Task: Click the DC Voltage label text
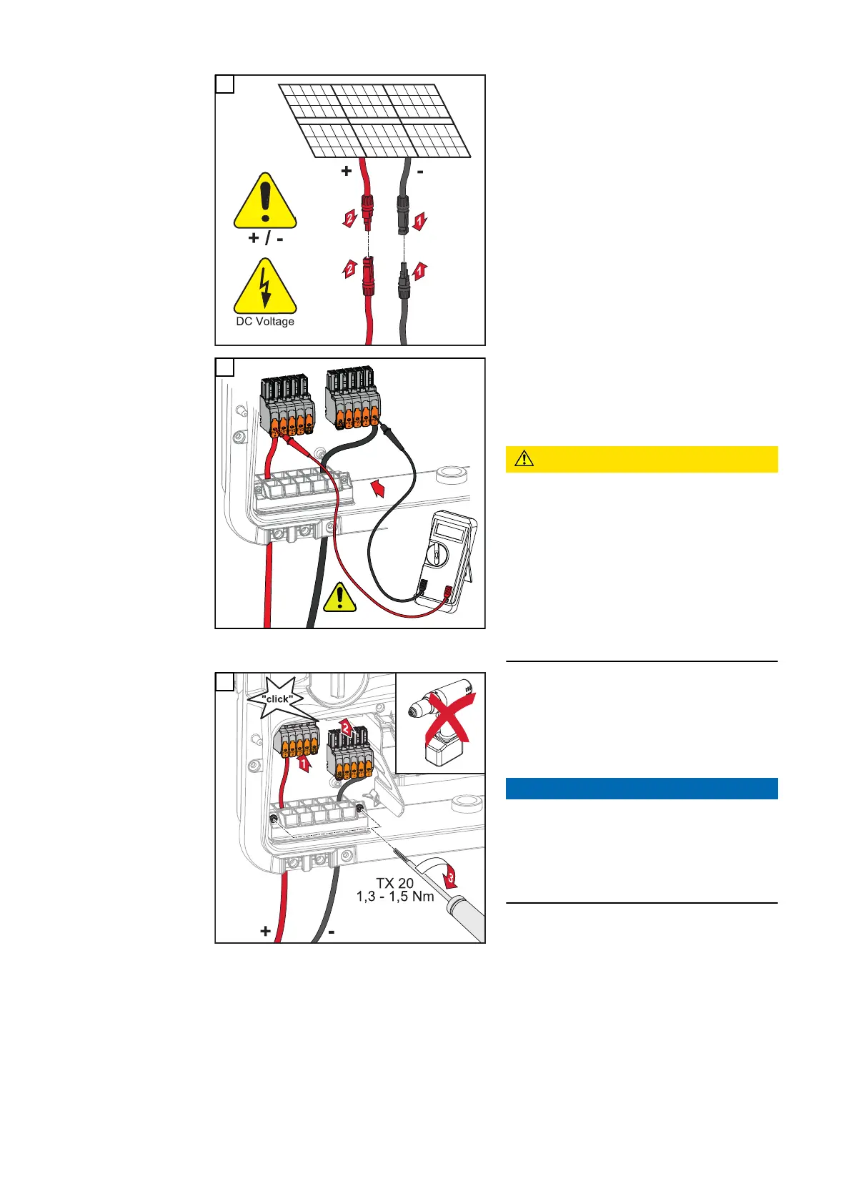pos(265,322)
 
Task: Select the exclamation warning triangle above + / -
pos(265,202)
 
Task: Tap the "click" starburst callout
pos(278,699)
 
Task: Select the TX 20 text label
pos(394,884)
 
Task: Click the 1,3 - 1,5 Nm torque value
pos(394,897)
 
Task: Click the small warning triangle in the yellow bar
pos(524,459)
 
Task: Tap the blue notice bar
pos(641,788)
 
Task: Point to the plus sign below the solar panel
pos(347,172)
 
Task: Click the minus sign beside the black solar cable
pos(420,172)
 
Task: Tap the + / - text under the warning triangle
pos(265,238)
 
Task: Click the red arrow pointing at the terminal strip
pos(382,490)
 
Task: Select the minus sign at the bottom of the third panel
pos(332,932)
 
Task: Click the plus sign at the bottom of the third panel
pos(266,932)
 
